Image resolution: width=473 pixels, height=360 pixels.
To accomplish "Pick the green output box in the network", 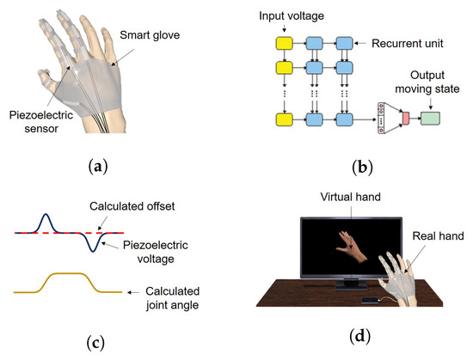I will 435,115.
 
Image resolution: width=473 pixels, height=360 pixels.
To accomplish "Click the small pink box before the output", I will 403,115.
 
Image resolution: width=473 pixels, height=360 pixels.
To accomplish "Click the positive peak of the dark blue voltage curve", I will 47,217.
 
